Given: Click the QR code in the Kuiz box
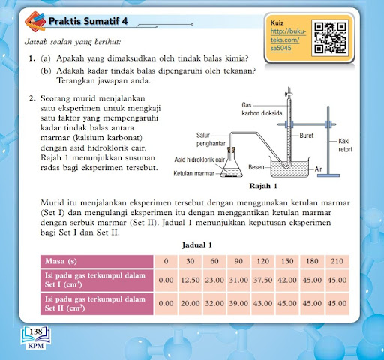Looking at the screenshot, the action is click(x=331, y=37).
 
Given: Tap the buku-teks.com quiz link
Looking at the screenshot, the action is click(x=288, y=40).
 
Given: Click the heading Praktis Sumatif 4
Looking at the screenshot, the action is click(x=88, y=21).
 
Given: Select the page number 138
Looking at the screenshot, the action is click(x=36, y=331).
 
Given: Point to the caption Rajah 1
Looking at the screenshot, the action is click(x=263, y=186).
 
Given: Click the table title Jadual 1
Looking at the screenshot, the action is click(x=197, y=244).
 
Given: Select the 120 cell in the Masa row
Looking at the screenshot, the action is click(x=263, y=261).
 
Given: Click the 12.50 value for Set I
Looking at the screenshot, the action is click(x=190, y=280).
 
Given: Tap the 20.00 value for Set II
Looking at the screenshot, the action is click(x=190, y=304).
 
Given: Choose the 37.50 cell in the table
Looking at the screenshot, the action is click(x=263, y=280).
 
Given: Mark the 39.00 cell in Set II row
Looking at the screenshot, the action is click(x=238, y=304).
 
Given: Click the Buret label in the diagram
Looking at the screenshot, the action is click(x=307, y=136).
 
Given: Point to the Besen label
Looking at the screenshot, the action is click(x=256, y=167).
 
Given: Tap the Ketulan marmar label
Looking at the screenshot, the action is click(x=194, y=173).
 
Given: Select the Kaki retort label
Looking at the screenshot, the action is click(x=345, y=145).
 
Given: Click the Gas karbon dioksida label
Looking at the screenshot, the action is click(x=262, y=109).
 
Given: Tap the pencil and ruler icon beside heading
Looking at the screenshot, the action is click(x=35, y=22).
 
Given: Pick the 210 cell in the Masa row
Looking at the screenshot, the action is click(x=337, y=261).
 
